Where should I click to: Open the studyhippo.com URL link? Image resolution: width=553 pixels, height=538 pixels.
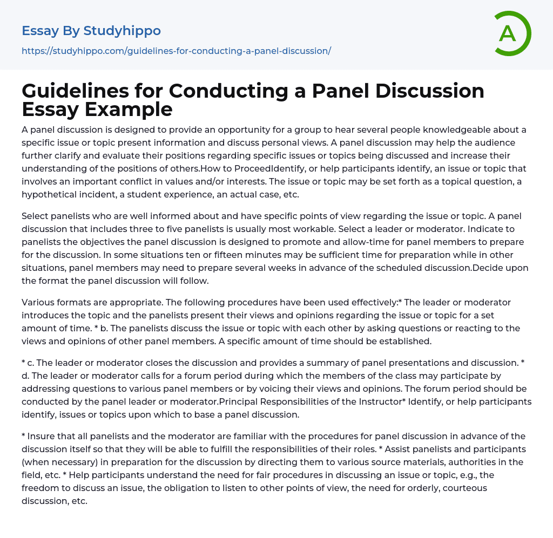[x=176, y=51]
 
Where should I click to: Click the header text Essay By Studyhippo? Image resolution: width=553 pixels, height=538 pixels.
[x=91, y=31]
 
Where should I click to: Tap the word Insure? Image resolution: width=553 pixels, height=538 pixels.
[x=42, y=436]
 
